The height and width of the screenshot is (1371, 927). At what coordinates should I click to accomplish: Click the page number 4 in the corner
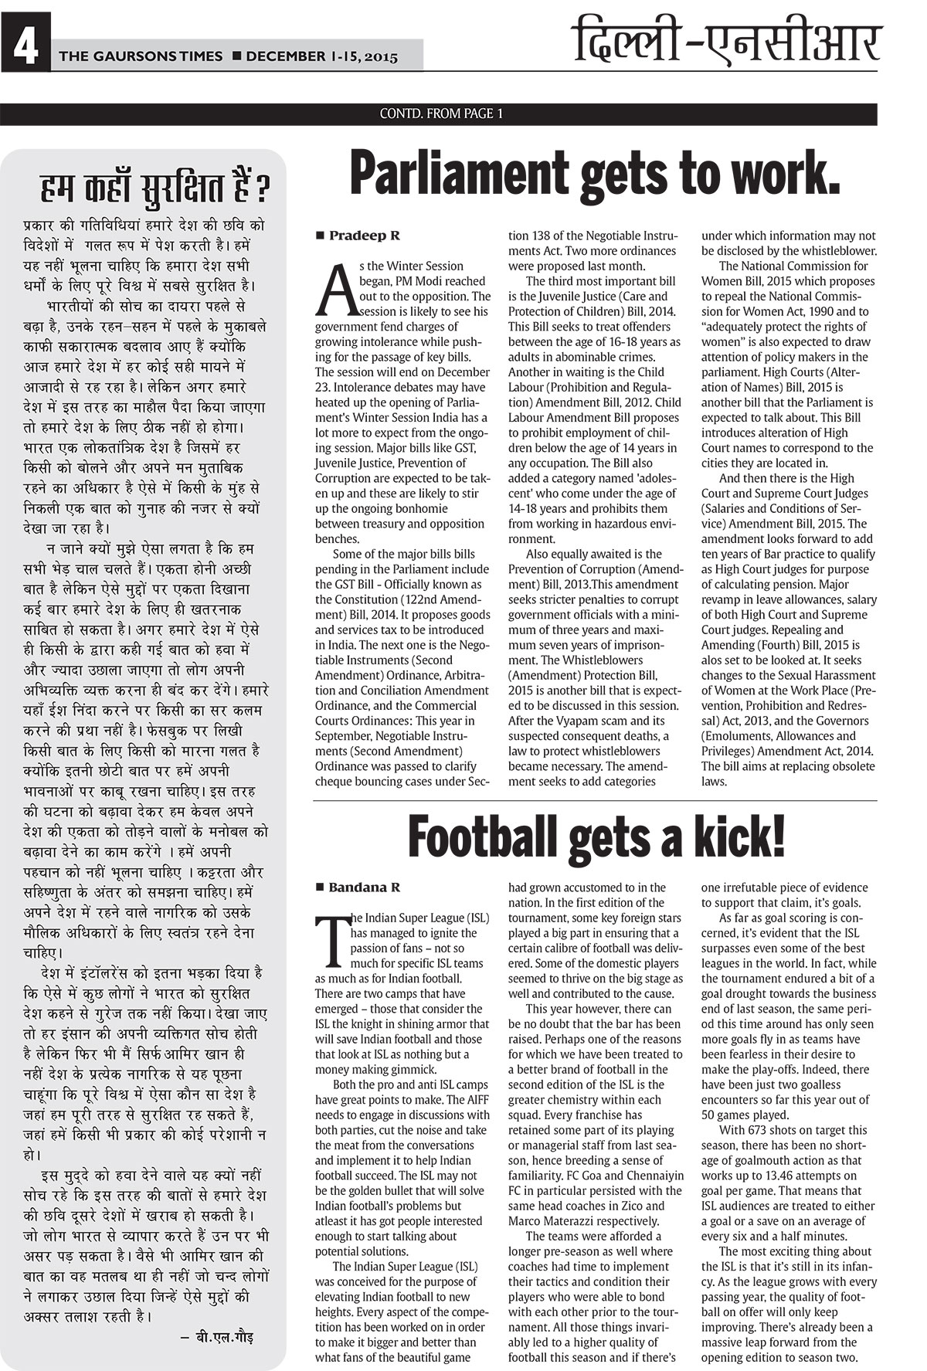coord(25,50)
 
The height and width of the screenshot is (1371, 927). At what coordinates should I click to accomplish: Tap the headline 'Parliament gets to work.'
coord(595,174)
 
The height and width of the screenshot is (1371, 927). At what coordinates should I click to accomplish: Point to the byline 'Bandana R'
coord(365,887)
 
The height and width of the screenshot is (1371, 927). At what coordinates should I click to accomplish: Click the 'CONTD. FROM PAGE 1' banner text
coord(441,114)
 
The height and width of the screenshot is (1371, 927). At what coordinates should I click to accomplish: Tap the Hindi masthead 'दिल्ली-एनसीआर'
coord(727,43)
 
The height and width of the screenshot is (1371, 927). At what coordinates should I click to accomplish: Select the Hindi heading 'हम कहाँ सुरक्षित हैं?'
coord(154,188)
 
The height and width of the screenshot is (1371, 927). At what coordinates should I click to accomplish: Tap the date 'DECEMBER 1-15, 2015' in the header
coord(322,56)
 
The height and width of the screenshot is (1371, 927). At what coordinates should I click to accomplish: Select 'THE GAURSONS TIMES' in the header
coord(141,56)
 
